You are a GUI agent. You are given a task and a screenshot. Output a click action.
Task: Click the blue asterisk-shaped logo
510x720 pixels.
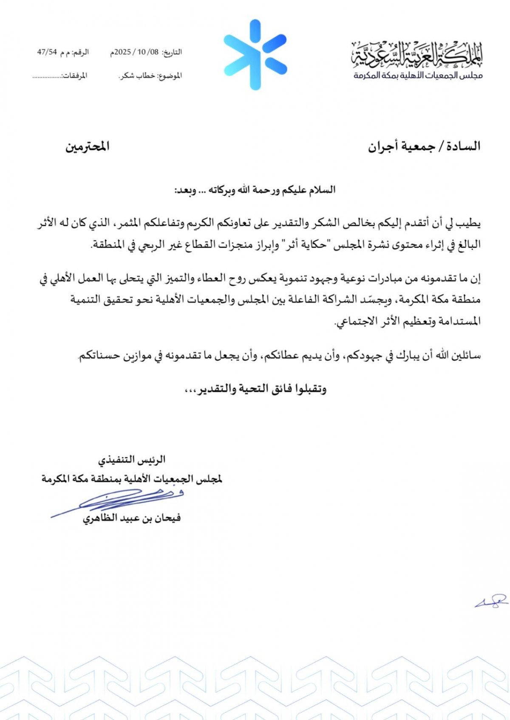pos(255,55)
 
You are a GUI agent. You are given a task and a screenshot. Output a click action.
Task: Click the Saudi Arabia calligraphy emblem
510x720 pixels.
pos(417,55)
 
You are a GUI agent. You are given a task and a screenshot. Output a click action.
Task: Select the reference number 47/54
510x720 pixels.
pos(47,52)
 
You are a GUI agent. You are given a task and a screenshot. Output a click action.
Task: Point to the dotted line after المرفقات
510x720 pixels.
pos(47,77)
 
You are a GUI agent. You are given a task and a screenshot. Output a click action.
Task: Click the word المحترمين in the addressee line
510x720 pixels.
pos(88,146)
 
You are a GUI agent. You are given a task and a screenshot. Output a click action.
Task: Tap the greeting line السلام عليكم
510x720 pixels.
pos(255,190)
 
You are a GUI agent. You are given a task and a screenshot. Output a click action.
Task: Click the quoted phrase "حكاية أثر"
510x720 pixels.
pos(300,245)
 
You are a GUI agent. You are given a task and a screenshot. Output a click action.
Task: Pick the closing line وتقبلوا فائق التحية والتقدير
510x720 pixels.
pos(255,389)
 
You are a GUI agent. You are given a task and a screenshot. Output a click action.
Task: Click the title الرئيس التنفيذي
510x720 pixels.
pos(132,460)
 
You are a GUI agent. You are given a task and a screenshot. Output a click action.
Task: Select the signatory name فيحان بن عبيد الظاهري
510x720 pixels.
pos(132,518)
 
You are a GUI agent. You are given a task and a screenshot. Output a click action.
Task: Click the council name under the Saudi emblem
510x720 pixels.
pos(418,76)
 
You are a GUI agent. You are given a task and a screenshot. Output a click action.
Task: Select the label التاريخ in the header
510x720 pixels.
pos(172,52)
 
